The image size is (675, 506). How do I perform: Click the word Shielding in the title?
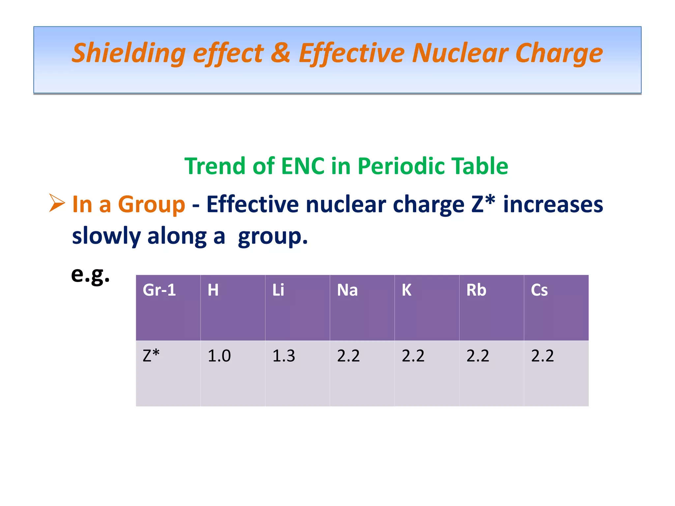pyautogui.click(x=129, y=54)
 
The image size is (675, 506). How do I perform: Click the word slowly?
pyautogui.click(x=106, y=236)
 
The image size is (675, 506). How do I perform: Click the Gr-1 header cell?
pyautogui.click(x=159, y=290)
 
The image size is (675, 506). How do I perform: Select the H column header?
pyautogui.click(x=213, y=290)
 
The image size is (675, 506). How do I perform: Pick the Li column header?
pyautogui.click(x=278, y=290)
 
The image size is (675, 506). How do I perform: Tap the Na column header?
pyautogui.click(x=347, y=290)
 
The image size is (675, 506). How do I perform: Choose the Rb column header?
pyautogui.click(x=476, y=290)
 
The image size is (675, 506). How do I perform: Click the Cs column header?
pyautogui.click(x=539, y=290)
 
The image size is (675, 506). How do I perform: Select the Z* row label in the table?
pyautogui.click(x=151, y=356)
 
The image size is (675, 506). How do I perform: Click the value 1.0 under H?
pyautogui.click(x=219, y=356)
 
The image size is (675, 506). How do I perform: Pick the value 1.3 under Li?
pyautogui.click(x=283, y=356)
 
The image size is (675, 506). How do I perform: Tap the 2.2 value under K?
pyautogui.click(x=413, y=356)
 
